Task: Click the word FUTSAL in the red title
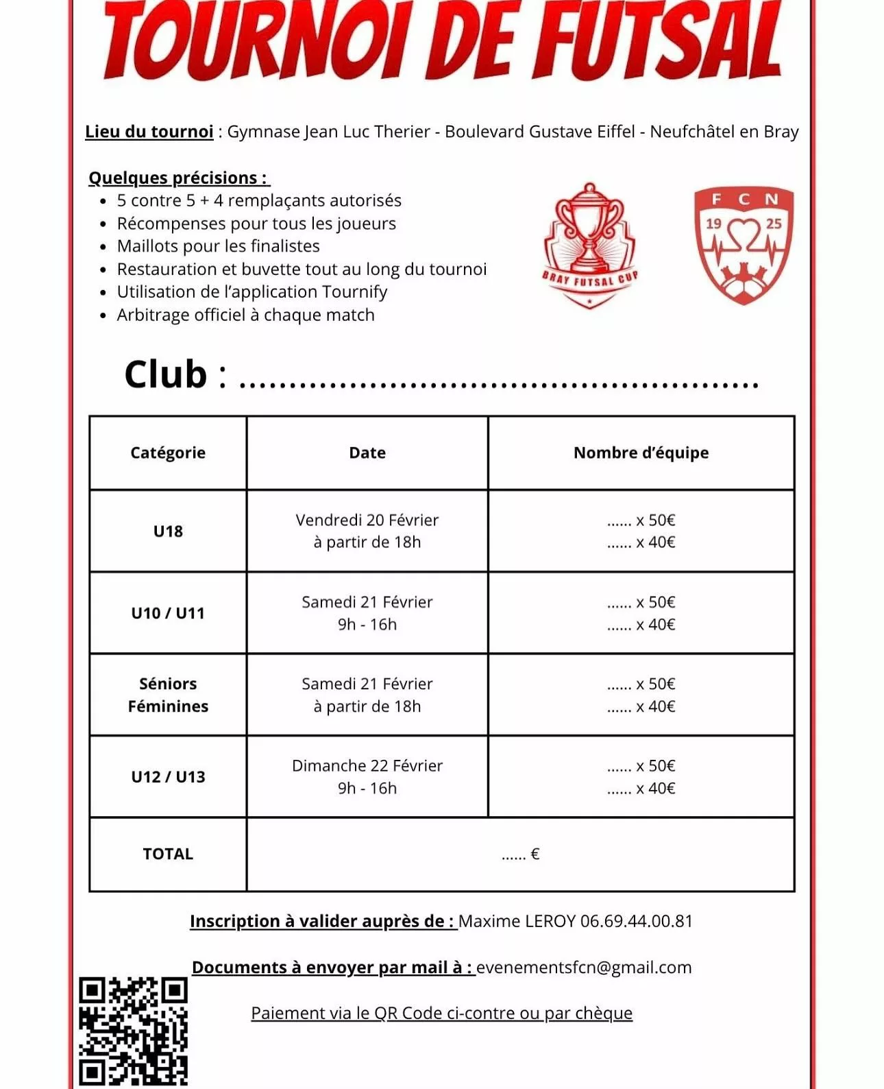pyautogui.click(x=658, y=41)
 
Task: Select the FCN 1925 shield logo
pyautogui.click(x=744, y=244)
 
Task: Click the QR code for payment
pyautogui.click(x=133, y=1031)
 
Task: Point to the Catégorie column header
pyautogui.click(x=168, y=453)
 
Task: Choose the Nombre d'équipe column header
pyautogui.click(x=641, y=453)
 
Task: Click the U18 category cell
pyautogui.click(x=168, y=531)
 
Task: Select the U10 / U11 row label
pyautogui.click(x=168, y=613)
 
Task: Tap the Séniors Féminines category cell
pyautogui.click(x=168, y=695)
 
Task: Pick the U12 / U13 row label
pyautogui.click(x=168, y=777)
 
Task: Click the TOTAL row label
pyautogui.click(x=168, y=854)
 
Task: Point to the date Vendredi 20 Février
pyautogui.click(x=367, y=520)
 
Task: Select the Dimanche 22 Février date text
pyautogui.click(x=367, y=765)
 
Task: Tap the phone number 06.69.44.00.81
pyautogui.click(x=637, y=921)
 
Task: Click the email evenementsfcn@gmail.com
pyautogui.click(x=584, y=968)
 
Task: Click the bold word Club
pyautogui.click(x=166, y=374)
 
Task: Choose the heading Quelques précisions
pyautogui.click(x=178, y=178)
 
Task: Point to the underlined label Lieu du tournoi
pyautogui.click(x=149, y=132)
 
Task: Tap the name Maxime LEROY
pyautogui.click(x=517, y=921)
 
